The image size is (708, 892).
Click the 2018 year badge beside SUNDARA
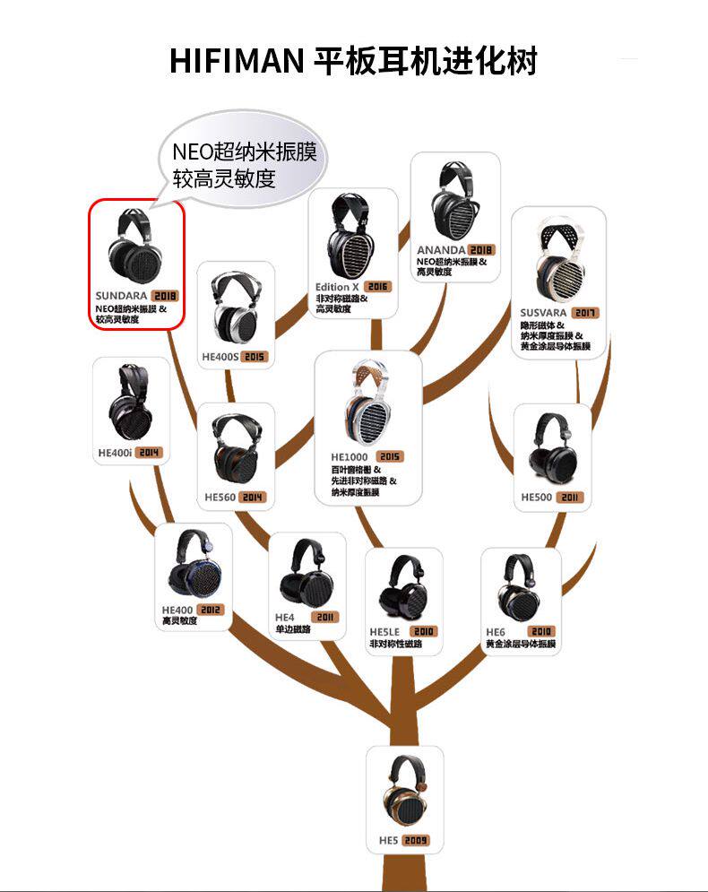(164, 295)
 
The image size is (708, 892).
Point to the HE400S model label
(219, 356)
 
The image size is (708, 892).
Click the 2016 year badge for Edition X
(378, 287)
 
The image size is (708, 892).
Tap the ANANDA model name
(440, 249)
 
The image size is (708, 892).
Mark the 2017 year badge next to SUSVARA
(586, 313)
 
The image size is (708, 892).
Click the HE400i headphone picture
(130, 403)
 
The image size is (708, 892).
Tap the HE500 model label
(537, 496)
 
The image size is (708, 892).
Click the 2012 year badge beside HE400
(210, 610)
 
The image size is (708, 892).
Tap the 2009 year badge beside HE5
(415, 841)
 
